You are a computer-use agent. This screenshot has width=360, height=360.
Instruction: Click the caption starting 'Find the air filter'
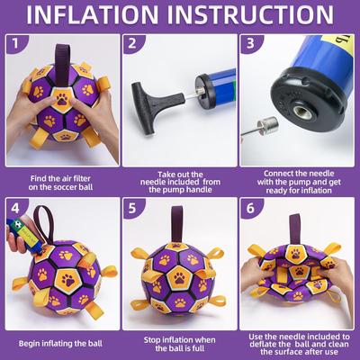point(58,183)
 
